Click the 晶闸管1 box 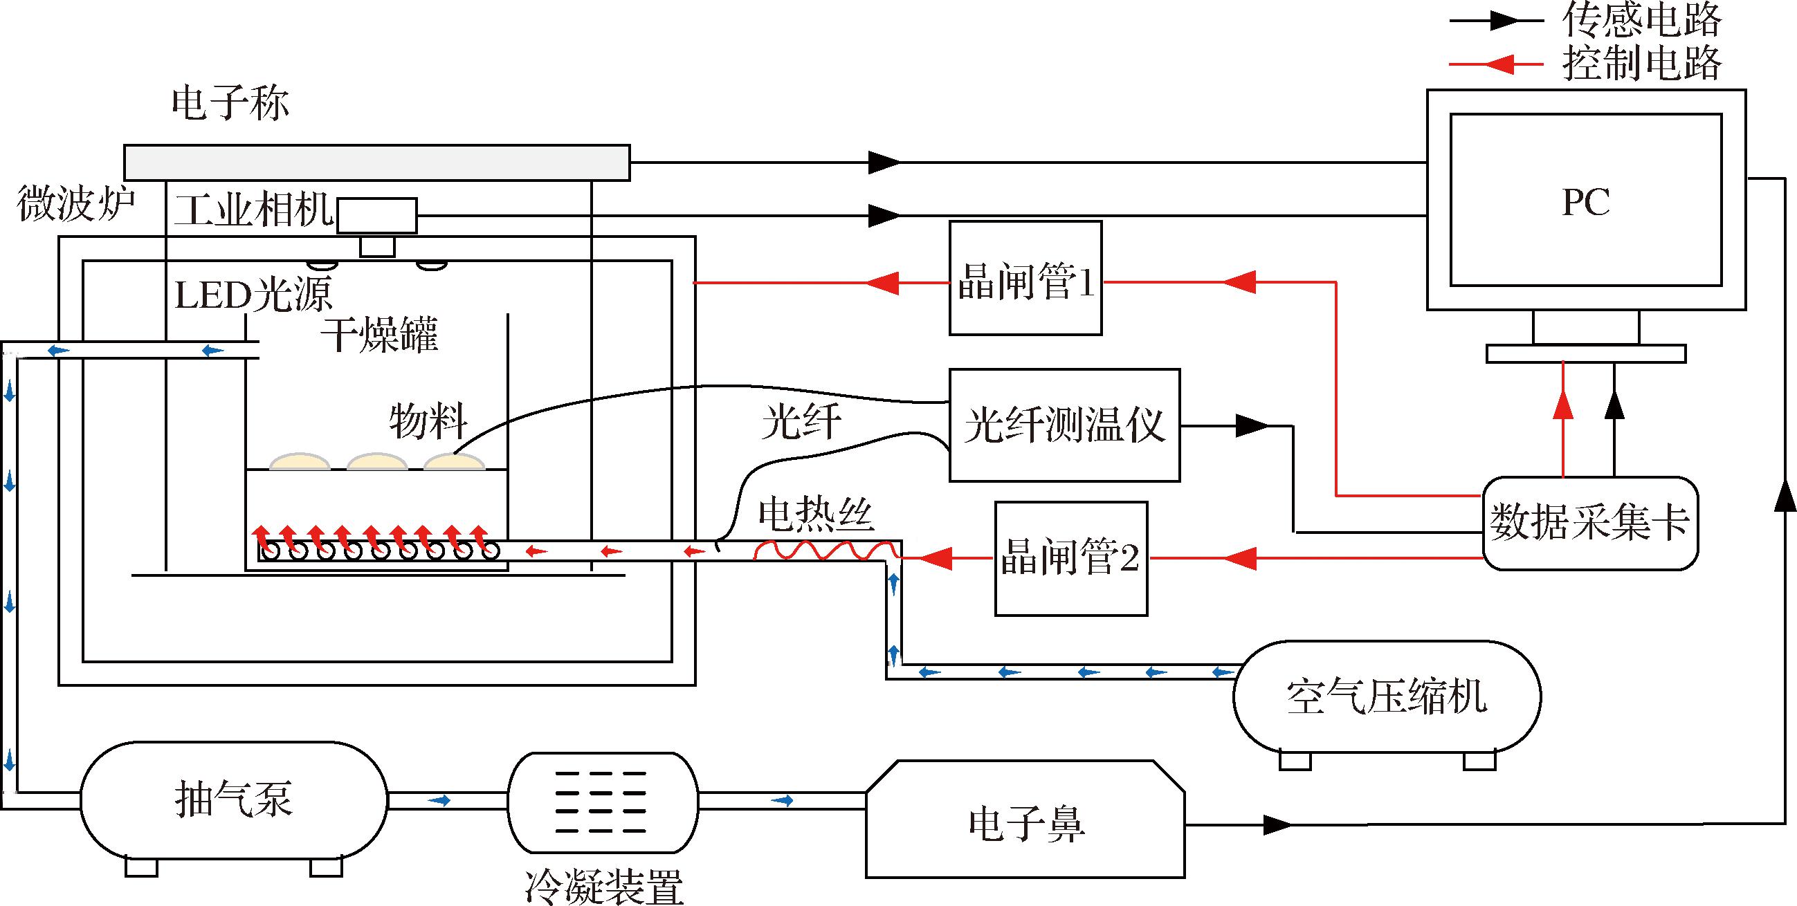(x=1025, y=278)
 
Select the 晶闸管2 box (x=1071, y=559)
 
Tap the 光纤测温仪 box (x=1064, y=425)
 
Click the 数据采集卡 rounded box (x=1590, y=523)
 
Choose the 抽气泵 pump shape (x=234, y=799)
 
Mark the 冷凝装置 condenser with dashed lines (x=603, y=802)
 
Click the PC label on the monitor (x=1586, y=202)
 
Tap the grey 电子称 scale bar (x=376, y=163)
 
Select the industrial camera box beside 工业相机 (x=376, y=216)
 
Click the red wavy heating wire (x=827, y=551)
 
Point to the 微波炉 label (x=75, y=203)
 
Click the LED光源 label (x=253, y=295)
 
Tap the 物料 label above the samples (x=428, y=421)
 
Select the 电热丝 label (x=817, y=515)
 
